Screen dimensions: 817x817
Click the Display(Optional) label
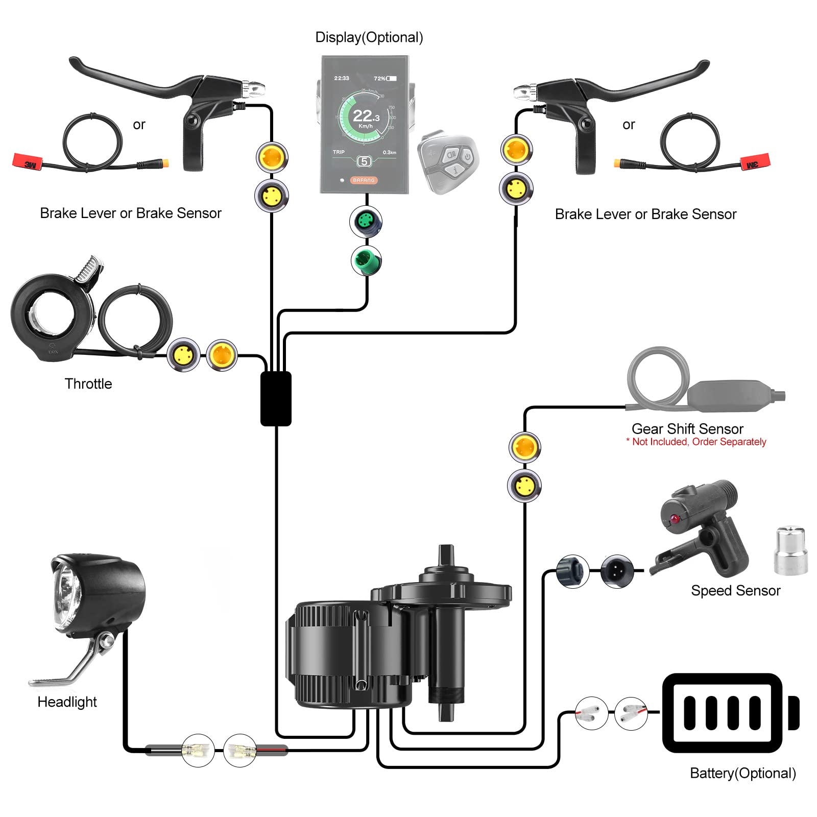point(369,37)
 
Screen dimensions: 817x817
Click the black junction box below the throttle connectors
point(276,399)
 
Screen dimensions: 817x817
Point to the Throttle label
point(88,383)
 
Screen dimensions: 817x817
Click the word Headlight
point(67,702)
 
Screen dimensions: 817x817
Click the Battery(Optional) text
point(742,773)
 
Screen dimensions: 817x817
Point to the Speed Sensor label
point(735,590)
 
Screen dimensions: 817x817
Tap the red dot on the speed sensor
point(675,519)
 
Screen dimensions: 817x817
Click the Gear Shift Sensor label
point(687,428)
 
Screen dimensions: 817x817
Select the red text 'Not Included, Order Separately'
point(699,442)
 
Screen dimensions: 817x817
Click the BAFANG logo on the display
point(364,180)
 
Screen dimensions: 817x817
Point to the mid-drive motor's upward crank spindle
point(446,557)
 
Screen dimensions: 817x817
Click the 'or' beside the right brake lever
point(629,125)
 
